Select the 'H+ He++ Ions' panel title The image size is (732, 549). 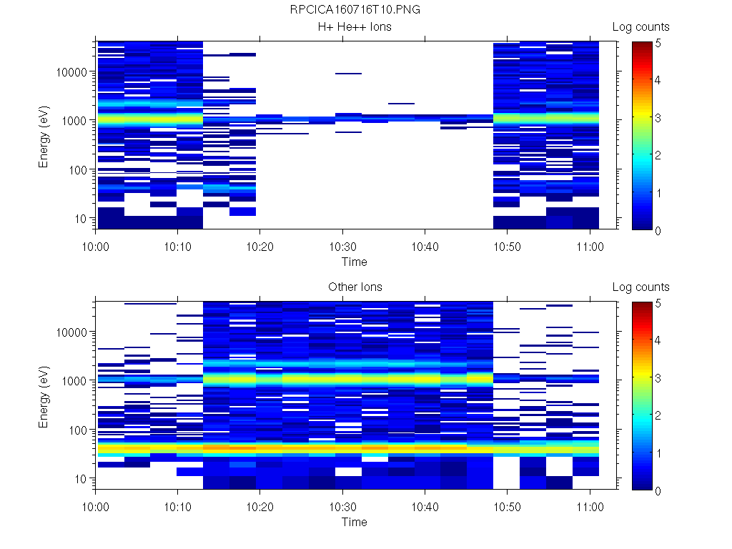click(355, 27)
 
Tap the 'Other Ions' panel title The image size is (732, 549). click(355, 287)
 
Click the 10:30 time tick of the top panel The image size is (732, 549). click(342, 245)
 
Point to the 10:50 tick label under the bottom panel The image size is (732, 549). click(507, 505)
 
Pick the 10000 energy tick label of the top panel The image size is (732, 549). click(71, 72)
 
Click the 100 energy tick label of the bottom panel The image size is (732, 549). click(77, 430)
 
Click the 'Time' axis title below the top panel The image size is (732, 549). click(354, 262)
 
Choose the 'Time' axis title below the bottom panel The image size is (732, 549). click(354, 522)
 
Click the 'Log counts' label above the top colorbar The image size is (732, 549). click(640, 27)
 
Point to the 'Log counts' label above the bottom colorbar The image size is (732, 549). click(640, 287)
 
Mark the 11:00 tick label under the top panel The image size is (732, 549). click(589, 245)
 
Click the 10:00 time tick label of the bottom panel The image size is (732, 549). click(96, 505)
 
